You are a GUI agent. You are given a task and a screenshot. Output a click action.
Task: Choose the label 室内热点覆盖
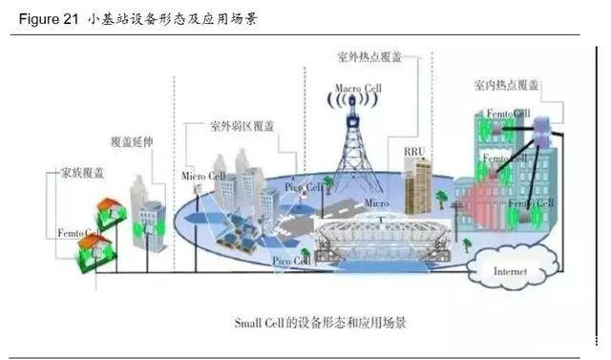506,85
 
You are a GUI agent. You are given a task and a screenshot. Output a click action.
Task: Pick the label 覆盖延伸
133,140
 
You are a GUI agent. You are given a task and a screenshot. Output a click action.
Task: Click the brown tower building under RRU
418,185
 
